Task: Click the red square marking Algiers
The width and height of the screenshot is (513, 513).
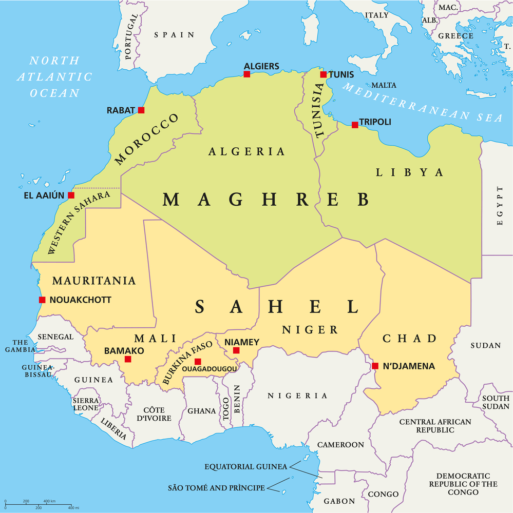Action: pos(246,74)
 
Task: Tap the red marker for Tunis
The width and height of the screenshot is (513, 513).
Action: pos(323,75)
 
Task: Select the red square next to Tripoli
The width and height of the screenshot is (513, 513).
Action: pos(355,125)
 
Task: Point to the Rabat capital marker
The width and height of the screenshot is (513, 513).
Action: pos(141,110)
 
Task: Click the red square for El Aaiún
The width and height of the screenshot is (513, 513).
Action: pos(71,195)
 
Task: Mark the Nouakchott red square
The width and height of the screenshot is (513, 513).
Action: pos(42,300)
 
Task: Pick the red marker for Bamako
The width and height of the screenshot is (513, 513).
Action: pos(128,359)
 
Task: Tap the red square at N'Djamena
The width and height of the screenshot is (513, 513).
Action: pos(375,366)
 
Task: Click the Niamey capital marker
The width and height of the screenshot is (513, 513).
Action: pos(236,351)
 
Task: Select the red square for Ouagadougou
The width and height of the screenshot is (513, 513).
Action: pos(198,362)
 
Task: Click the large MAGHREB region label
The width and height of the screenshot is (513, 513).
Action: pos(266,199)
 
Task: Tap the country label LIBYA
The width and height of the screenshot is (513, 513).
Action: pos(409,172)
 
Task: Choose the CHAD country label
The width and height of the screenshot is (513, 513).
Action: pos(409,339)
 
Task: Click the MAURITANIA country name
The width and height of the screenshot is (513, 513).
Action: pos(94,281)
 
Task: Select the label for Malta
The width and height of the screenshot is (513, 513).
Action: pos(384,85)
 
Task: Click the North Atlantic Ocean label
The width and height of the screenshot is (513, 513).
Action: pos(54,77)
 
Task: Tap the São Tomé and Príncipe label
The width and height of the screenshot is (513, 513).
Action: pos(216,488)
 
